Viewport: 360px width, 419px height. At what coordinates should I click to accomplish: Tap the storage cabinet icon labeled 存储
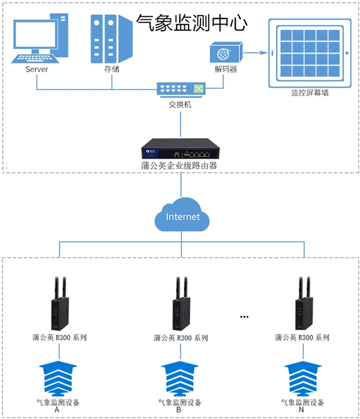pos(111,39)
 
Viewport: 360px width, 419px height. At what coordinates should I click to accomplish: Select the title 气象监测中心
pos(192,23)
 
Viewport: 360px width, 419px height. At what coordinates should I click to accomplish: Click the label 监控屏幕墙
pos(310,93)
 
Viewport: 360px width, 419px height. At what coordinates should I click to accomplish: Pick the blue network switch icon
pos(180,89)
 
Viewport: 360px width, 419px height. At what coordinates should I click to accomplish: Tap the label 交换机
pos(180,104)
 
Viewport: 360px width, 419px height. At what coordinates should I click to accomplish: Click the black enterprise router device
pos(180,148)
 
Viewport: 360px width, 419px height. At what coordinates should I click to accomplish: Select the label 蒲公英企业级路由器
pos(180,165)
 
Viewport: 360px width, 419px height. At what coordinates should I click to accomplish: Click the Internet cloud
pos(182,216)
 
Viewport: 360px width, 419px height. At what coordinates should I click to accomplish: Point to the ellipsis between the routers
pos(244,316)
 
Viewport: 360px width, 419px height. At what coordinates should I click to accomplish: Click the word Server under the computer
pos(37,69)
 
